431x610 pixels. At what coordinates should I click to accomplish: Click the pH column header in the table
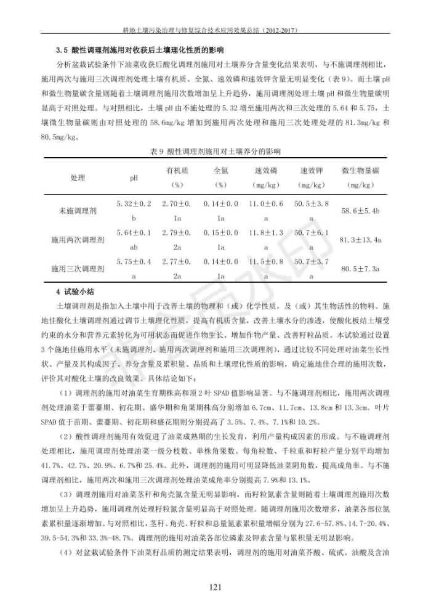tap(134, 177)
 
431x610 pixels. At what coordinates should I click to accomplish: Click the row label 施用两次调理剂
tap(78, 240)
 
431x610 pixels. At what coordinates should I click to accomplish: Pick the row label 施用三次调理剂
tap(78, 269)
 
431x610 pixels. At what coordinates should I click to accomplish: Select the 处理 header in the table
tap(78, 177)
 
